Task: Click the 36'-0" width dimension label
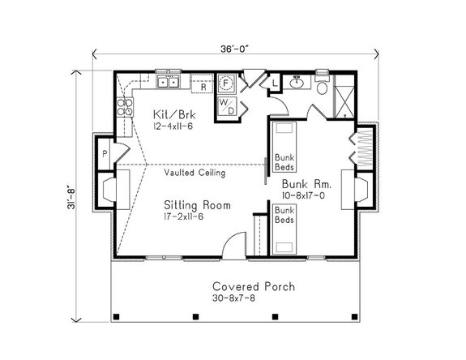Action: point(234,49)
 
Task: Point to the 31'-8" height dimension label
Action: point(71,198)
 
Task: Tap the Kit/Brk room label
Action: point(174,114)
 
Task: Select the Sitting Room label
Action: point(197,205)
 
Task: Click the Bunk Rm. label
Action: point(306,184)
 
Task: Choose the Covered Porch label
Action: point(254,286)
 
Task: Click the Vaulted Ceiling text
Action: point(195,173)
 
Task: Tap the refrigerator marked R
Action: point(202,84)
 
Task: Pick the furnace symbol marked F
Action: point(226,83)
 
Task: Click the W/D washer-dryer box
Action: point(228,106)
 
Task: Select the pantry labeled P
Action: point(105,154)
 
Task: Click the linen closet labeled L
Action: point(275,83)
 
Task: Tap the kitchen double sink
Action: point(169,81)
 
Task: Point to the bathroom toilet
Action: point(322,84)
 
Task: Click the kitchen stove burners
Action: point(125,107)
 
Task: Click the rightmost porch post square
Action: point(354,316)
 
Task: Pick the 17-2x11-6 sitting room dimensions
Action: point(184,216)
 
